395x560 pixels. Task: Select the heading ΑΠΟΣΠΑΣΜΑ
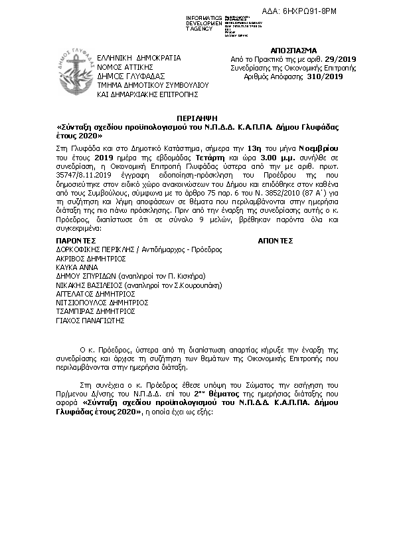click(294, 51)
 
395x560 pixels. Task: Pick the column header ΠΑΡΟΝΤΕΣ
click(76, 241)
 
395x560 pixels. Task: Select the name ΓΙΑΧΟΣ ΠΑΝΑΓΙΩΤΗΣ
click(90, 319)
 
